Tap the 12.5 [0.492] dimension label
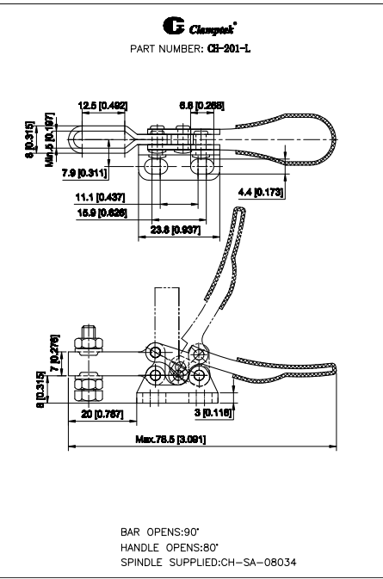[x=102, y=107]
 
